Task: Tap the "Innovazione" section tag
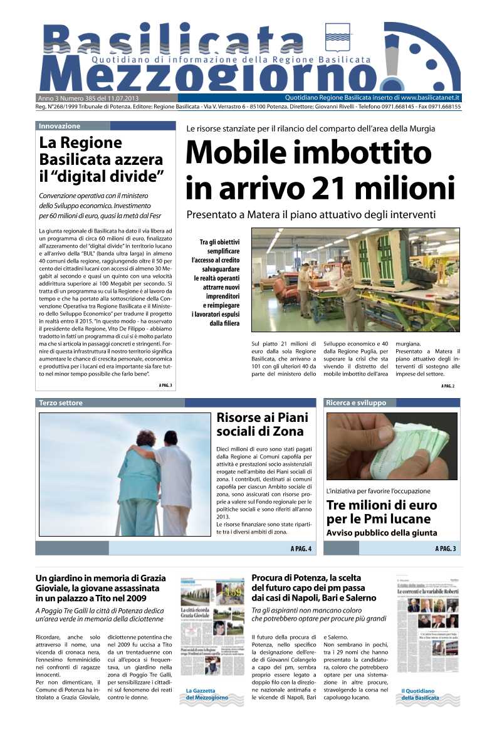60,126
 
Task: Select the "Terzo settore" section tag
61,403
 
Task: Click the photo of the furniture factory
355,279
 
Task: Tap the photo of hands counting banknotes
392,446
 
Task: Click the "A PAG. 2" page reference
447,386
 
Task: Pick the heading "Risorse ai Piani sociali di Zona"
259,424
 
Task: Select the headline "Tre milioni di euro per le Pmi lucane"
382,512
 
